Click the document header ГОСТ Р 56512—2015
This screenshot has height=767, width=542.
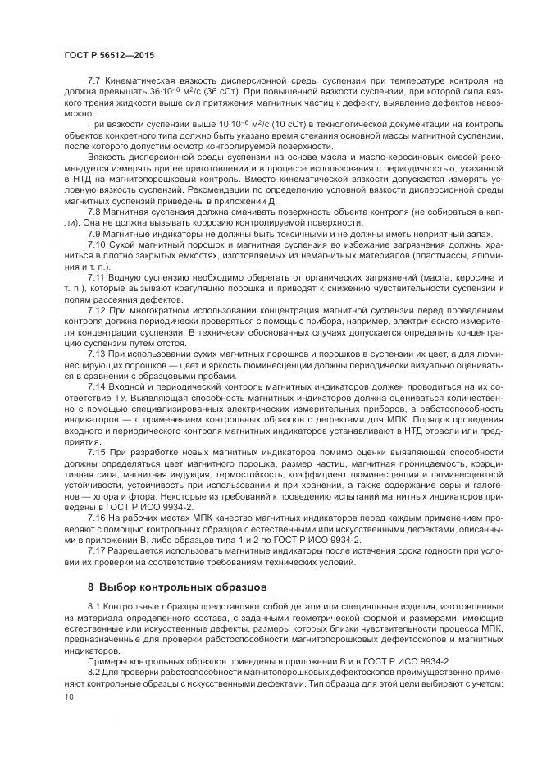108,55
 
